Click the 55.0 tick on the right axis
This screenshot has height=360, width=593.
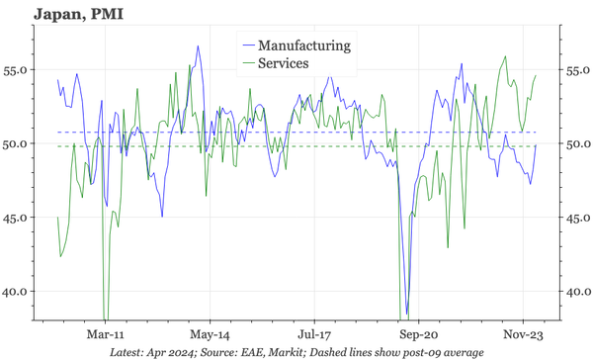575,70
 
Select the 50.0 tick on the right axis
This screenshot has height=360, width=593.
575,143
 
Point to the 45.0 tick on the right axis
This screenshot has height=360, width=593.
575,218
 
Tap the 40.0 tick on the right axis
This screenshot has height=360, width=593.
575,291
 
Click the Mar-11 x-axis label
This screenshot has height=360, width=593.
105,334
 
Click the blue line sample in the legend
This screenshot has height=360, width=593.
246,45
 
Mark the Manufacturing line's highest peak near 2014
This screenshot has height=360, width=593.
198,46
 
